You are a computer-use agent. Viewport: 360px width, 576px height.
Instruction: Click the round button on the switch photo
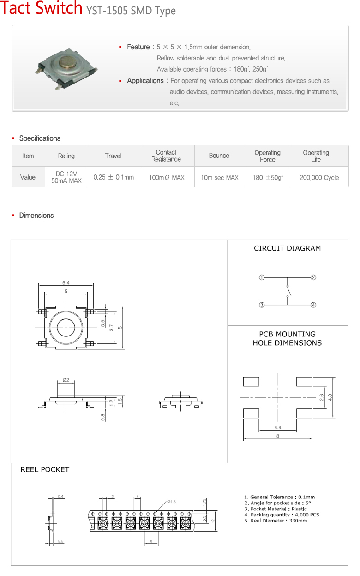tap(66, 61)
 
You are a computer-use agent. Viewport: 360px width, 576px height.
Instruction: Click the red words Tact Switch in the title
tap(41, 8)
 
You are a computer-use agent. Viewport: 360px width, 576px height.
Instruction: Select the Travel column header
tap(113, 156)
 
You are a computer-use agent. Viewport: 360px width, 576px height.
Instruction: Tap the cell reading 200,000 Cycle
tap(319, 177)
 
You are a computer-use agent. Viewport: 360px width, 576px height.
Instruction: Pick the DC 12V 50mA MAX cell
tap(66, 177)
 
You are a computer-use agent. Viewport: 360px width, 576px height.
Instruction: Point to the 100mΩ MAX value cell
tap(167, 177)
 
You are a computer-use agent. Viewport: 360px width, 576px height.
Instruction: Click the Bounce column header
tap(219, 156)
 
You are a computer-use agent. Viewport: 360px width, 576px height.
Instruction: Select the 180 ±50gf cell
tap(268, 177)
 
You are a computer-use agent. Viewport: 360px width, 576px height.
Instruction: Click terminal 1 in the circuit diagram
tap(262, 277)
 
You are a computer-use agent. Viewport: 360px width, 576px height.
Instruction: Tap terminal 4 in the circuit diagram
tap(313, 305)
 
